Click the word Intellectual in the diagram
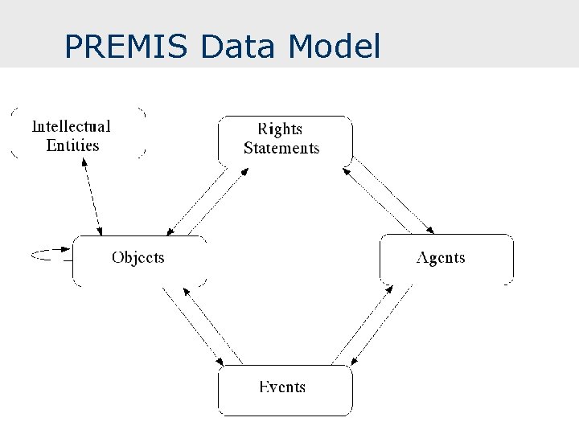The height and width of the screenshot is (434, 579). click(71, 126)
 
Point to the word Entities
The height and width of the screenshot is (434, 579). click(72, 145)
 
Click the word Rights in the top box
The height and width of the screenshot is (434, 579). click(280, 129)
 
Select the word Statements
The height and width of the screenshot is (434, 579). click(281, 148)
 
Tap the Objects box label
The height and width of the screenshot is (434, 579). click(138, 257)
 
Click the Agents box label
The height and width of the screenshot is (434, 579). click(441, 257)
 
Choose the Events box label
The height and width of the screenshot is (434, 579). click(282, 387)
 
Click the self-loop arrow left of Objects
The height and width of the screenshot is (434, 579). click(48, 255)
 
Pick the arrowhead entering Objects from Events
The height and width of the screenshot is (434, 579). click(186, 285)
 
